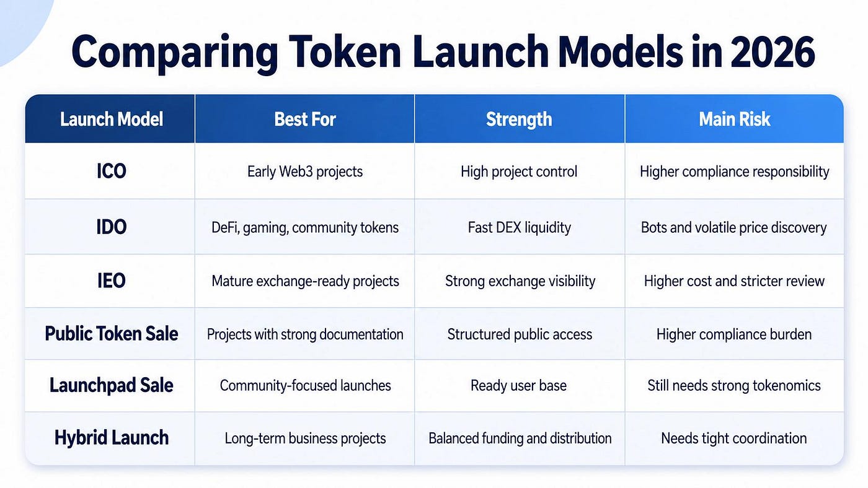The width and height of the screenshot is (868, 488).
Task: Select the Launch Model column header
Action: click(111, 119)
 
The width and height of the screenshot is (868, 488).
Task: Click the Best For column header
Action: click(305, 119)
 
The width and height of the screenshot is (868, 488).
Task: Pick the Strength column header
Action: click(519, 119)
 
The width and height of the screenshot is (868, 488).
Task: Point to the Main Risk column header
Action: click(734, 119)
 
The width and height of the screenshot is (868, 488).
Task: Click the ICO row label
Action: click(111, 171)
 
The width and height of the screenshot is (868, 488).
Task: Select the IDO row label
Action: click(111, 227)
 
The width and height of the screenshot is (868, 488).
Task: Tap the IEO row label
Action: click(111, 281)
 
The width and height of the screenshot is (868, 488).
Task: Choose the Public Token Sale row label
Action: click(111, 334)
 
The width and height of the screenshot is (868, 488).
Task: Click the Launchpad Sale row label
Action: click(111, 385)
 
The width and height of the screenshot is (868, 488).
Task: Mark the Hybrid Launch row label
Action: click(111, 438)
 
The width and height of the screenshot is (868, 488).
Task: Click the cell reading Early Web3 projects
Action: click(305, 172)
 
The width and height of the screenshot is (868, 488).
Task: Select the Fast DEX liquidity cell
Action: click(520, 227)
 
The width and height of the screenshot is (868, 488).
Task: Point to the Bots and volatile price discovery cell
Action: click(734, 227)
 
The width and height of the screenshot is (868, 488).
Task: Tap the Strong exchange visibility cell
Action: click(520, 281)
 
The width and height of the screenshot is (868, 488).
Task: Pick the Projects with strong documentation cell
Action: click(305, 334)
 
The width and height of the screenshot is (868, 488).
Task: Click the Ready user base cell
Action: click(518, 385)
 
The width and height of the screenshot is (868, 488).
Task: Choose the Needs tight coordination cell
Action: click(734, 438)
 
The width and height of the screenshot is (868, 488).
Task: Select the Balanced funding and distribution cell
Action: click(520, 438)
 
